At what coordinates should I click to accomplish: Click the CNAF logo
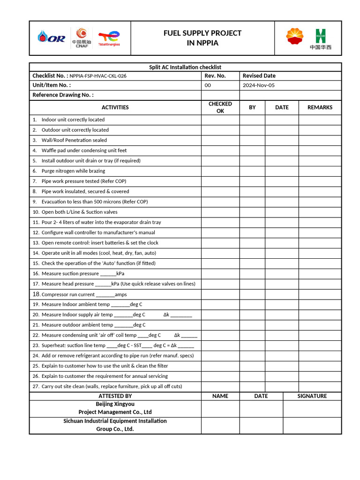coord(82,38)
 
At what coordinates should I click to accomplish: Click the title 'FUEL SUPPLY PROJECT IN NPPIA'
coord(202,38)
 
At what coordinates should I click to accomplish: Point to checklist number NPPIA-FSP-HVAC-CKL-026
coord(98,76)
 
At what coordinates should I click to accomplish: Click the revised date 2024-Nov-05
coord(259,85)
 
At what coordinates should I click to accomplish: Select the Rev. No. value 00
coord(208,85)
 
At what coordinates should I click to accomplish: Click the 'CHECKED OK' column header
coord(220,107)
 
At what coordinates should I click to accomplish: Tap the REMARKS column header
coord(320,107)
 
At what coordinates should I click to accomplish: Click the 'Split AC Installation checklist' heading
coord(185,67)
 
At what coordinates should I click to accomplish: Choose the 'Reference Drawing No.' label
coord(63,95)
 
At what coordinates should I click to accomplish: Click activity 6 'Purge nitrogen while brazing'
coord(73,171)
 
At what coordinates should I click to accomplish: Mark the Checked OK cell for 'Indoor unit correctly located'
coord(220,120)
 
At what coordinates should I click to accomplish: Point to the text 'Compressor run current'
coord(68,294)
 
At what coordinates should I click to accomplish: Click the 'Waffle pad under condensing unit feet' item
coord(84,150)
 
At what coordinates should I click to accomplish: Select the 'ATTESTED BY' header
coord(115,396)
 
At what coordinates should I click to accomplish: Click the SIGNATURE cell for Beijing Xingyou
coord(312,409)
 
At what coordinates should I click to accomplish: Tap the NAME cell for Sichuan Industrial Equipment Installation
coord(220,425)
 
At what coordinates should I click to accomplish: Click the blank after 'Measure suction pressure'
coord(108,274)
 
